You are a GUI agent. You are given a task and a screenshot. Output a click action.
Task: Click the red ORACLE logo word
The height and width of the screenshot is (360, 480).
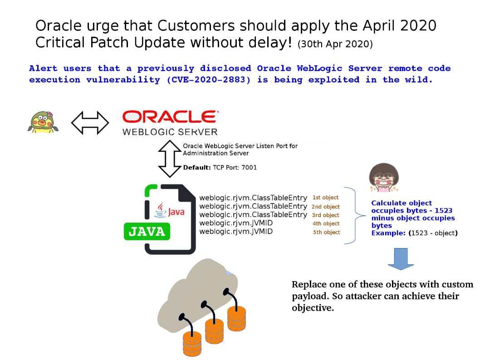(170, 117)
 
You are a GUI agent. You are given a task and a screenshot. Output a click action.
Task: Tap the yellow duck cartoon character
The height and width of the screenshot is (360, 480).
(43, 122)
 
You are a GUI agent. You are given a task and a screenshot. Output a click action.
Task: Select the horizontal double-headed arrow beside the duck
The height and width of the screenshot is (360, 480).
(90, 123)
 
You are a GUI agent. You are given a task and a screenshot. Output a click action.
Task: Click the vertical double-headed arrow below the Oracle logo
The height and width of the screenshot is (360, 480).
(170, 159)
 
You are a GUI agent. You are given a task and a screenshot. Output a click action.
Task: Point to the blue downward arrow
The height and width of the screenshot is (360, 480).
(401, 259)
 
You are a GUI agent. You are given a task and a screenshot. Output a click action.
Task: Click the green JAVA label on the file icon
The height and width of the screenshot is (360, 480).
(147, 232)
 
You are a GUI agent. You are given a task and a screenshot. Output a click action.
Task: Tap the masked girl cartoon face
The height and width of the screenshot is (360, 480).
(384, 177)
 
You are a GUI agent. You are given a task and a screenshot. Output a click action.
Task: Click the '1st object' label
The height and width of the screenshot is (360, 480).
(325, 198)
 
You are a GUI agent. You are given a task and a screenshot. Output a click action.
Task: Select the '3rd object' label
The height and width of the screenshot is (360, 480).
(325, 215)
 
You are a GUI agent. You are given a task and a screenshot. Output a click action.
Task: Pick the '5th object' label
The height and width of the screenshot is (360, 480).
(326, 232)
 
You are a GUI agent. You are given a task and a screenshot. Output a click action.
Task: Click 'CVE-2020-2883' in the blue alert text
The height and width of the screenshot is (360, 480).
(209, 80)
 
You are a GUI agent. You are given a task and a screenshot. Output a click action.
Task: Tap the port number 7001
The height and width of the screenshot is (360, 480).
(249, 167)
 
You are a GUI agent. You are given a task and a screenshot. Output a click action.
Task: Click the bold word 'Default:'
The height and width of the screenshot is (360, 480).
(197, 167)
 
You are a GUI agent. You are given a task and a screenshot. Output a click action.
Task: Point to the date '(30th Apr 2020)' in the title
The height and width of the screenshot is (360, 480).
(335, 44)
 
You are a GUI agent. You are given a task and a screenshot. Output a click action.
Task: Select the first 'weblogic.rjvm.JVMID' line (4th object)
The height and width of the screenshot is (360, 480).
(236, 223)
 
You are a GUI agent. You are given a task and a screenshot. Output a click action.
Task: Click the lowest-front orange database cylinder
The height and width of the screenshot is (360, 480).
(192, 344)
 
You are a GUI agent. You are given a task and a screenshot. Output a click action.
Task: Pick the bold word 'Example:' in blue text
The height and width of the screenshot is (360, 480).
(388, 233)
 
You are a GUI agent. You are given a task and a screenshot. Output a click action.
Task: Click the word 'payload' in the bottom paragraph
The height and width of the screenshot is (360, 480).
(310, 297)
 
